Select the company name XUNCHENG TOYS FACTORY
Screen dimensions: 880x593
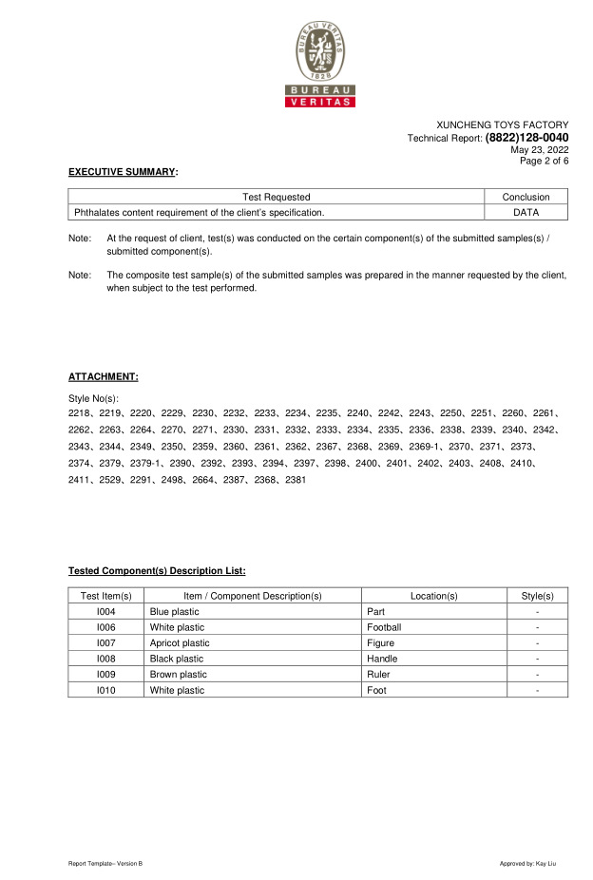tap(502, 125)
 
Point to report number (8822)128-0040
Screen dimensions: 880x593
tap(526, 138)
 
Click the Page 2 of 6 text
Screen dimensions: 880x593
tap(544, 161)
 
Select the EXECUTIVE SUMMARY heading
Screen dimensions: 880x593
tap(123, 172)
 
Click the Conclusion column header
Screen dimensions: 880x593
tap(526, 197)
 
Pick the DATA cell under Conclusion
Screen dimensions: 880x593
tap(526, 212)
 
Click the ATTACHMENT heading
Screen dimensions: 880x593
tap(103, 376)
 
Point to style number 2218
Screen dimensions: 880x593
tap(80, 413)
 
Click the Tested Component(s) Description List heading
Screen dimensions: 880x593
tap(157, 571)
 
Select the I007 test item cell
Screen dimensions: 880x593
tap(105, 643)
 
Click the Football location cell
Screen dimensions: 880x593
tap(384, 627)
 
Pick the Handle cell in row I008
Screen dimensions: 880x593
tap(382, 659)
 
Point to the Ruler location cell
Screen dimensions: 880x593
tap(379, 675)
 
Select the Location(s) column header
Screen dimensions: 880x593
tap(433, 596)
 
